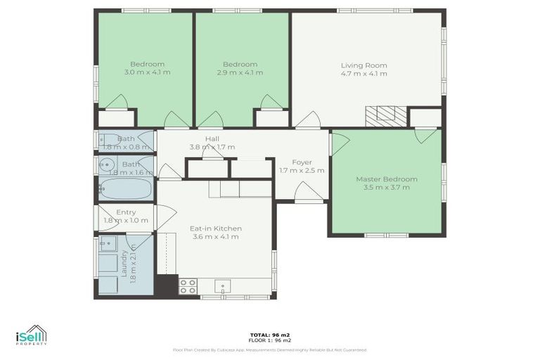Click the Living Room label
point(364,65)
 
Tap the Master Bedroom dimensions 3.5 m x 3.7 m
point(386,188)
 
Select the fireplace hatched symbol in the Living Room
point(385,115)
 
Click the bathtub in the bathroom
point(125,188)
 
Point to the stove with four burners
point(188,285)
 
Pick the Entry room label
point(127,212)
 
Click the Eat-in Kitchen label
point(216,229)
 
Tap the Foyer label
point(302,162)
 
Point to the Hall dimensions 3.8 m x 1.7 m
point(212,147)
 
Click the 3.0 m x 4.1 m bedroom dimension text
point(147,72)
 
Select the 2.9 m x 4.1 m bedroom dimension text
point(240,72)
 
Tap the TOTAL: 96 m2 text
point(269,334)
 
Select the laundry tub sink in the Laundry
point(107,245)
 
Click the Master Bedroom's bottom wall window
point(386,235)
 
